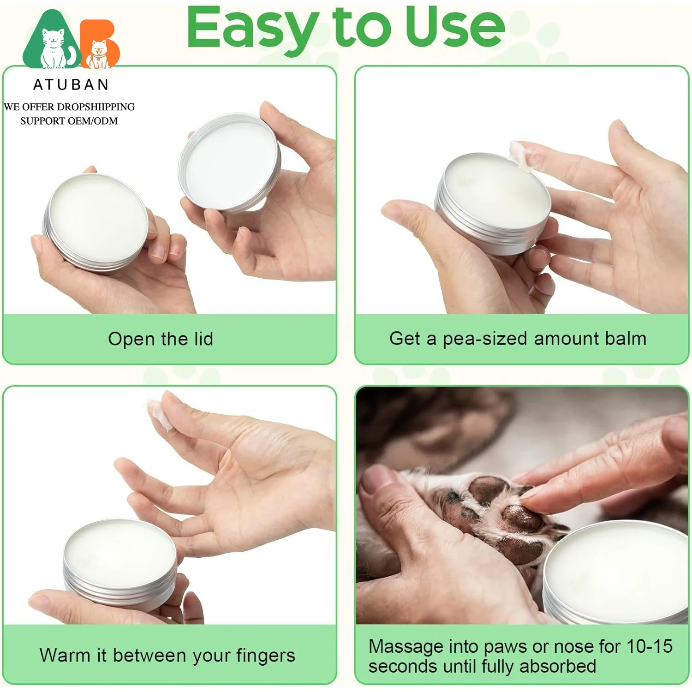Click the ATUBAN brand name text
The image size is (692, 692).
[x=71, y=85]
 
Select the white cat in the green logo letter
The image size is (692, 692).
[x=54, y=48]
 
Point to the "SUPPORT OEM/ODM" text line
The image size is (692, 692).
[x=69, y=121]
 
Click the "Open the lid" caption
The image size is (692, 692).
[x=161, y=339]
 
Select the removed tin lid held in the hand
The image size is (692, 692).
[x=230, y=162]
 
